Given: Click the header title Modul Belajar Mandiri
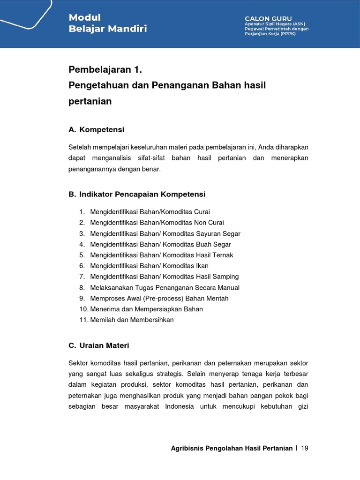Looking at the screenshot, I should [107, 23].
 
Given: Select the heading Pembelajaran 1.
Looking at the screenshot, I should [105, 70].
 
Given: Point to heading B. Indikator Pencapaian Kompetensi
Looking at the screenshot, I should [137, 194].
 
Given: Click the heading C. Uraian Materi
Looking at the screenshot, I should [98, 345].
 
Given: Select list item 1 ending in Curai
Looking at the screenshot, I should [150, 212].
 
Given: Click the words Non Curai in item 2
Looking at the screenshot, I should [209, 223].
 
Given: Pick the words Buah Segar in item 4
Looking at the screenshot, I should [214, 244].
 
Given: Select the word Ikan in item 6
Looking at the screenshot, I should [202, 266].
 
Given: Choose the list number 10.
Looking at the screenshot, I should [83, 309].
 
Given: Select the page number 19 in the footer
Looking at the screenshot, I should [305, 448].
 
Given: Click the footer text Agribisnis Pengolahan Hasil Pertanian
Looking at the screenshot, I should [232, 448].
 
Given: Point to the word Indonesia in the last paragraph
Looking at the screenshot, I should [179, 406].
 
